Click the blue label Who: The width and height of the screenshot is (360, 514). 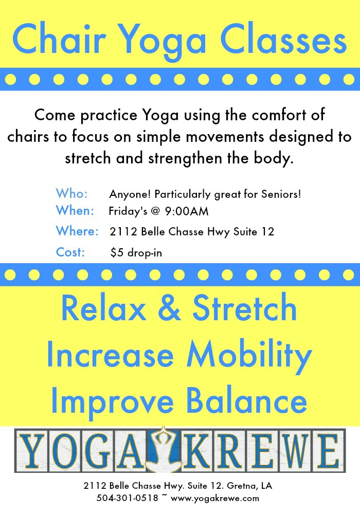coord(72,193)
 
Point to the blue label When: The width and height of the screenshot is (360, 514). coord(75,210)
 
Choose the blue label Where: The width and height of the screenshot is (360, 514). coord(77,231)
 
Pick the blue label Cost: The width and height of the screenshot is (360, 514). coord(70,252)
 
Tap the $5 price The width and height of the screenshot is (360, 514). coord(117,253)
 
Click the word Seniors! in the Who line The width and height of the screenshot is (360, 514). coord(281,194)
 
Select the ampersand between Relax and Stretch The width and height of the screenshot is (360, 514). coord(169,308)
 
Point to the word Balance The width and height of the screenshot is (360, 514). coord(246,400)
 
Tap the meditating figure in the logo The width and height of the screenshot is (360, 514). coord(163,449)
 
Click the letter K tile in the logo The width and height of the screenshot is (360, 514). coord(197,450)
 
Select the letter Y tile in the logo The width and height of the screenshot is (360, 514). coord(32,450)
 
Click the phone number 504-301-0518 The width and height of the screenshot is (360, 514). coord(127,498)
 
